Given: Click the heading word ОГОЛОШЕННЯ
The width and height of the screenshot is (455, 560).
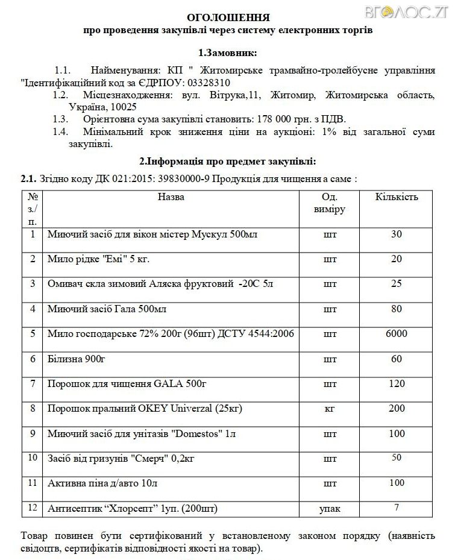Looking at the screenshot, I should (228, 17).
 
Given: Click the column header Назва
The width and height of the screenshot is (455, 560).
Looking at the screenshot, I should (171, 197).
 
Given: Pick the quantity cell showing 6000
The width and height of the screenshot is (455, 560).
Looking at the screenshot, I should (396, 333).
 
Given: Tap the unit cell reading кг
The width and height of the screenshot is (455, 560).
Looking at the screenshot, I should (330, 409).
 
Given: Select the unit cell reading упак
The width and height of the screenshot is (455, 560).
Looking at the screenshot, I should (330, 509).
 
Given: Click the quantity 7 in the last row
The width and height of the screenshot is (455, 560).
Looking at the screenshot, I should (396, 508).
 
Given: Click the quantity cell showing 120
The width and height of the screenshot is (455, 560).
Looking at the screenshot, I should (396, 383).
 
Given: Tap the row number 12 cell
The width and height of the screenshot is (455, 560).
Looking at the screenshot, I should (33, 508).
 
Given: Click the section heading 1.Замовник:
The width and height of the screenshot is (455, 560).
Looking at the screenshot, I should (227, 52).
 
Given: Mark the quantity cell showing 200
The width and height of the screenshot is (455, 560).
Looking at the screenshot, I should (396, 409).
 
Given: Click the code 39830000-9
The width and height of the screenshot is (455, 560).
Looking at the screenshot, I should (180, 179).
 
